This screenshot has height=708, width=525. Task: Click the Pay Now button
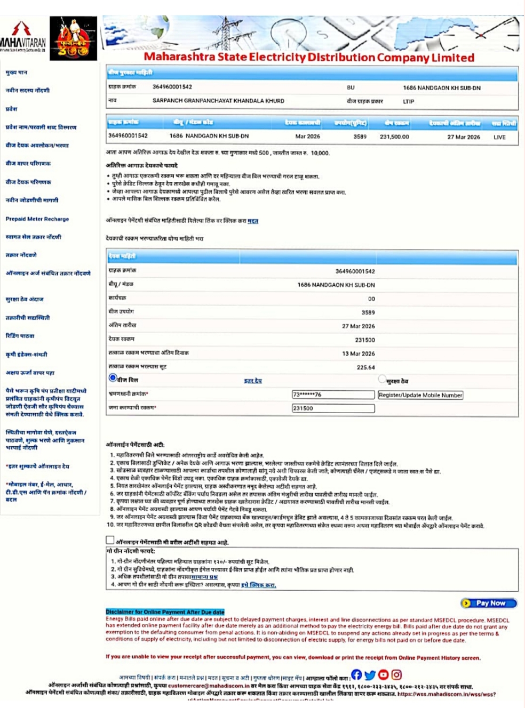click(x=489, y=603)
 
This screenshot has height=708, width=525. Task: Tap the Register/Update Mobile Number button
click(x=420, y=395)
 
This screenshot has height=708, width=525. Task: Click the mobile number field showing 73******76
click(x=333, y=395)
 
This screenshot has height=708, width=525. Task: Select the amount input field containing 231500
click(x=333, y=408)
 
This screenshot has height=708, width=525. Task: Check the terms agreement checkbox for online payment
click(x=110, y=540)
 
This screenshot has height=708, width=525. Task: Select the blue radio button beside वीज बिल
click(x=113, y=377)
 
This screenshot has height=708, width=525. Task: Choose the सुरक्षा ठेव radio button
click(x=381, y=379)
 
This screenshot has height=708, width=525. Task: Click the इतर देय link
click(x=252, y=381)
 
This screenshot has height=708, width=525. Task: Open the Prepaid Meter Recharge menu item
click(x=37, y=219)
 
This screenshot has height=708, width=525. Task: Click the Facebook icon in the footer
click(x=356, y=674)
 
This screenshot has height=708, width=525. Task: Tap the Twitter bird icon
click(x=370, y=675)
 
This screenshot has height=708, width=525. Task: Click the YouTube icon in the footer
click(x=383, y=674)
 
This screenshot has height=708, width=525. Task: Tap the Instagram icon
click(x=396, y=674)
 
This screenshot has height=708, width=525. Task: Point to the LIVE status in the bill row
click(x=499, y=137)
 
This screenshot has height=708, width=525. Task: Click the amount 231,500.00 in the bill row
click(x=394, y=137)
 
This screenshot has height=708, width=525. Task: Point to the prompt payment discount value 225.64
click(x=365, y=367)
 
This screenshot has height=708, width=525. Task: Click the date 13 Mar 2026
click(x=358, y=353)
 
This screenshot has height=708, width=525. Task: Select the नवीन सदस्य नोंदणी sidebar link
click(x=28, y=90)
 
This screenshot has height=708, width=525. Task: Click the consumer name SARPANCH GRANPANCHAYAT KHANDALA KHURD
click(x=218, y=101)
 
